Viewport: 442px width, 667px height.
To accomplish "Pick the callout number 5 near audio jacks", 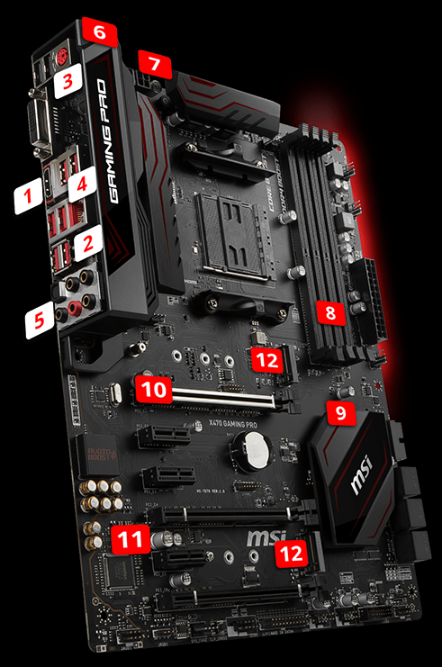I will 40,320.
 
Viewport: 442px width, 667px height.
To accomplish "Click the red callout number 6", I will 100,32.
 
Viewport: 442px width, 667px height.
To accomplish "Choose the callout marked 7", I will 155,65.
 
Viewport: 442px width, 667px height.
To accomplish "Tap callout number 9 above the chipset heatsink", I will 340,413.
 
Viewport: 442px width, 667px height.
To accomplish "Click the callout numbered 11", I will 131,540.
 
